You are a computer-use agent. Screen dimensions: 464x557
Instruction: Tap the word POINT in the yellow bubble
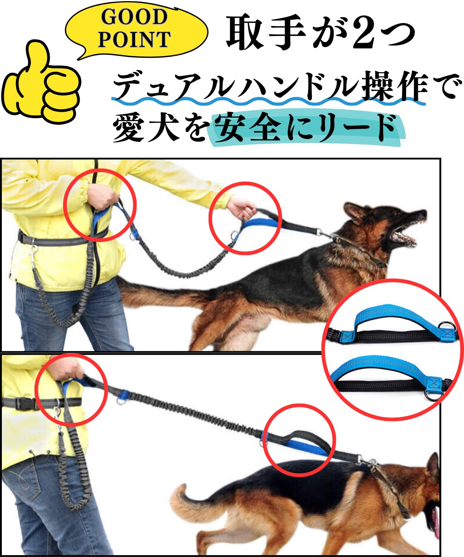coord(134,39)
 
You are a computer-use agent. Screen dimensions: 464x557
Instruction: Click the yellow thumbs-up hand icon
coord(41,83)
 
